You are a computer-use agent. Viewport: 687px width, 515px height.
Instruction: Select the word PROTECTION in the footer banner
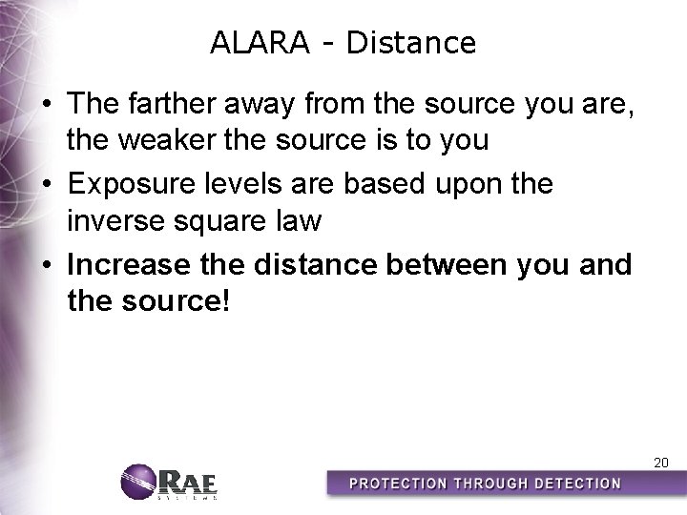click(398, 484)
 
